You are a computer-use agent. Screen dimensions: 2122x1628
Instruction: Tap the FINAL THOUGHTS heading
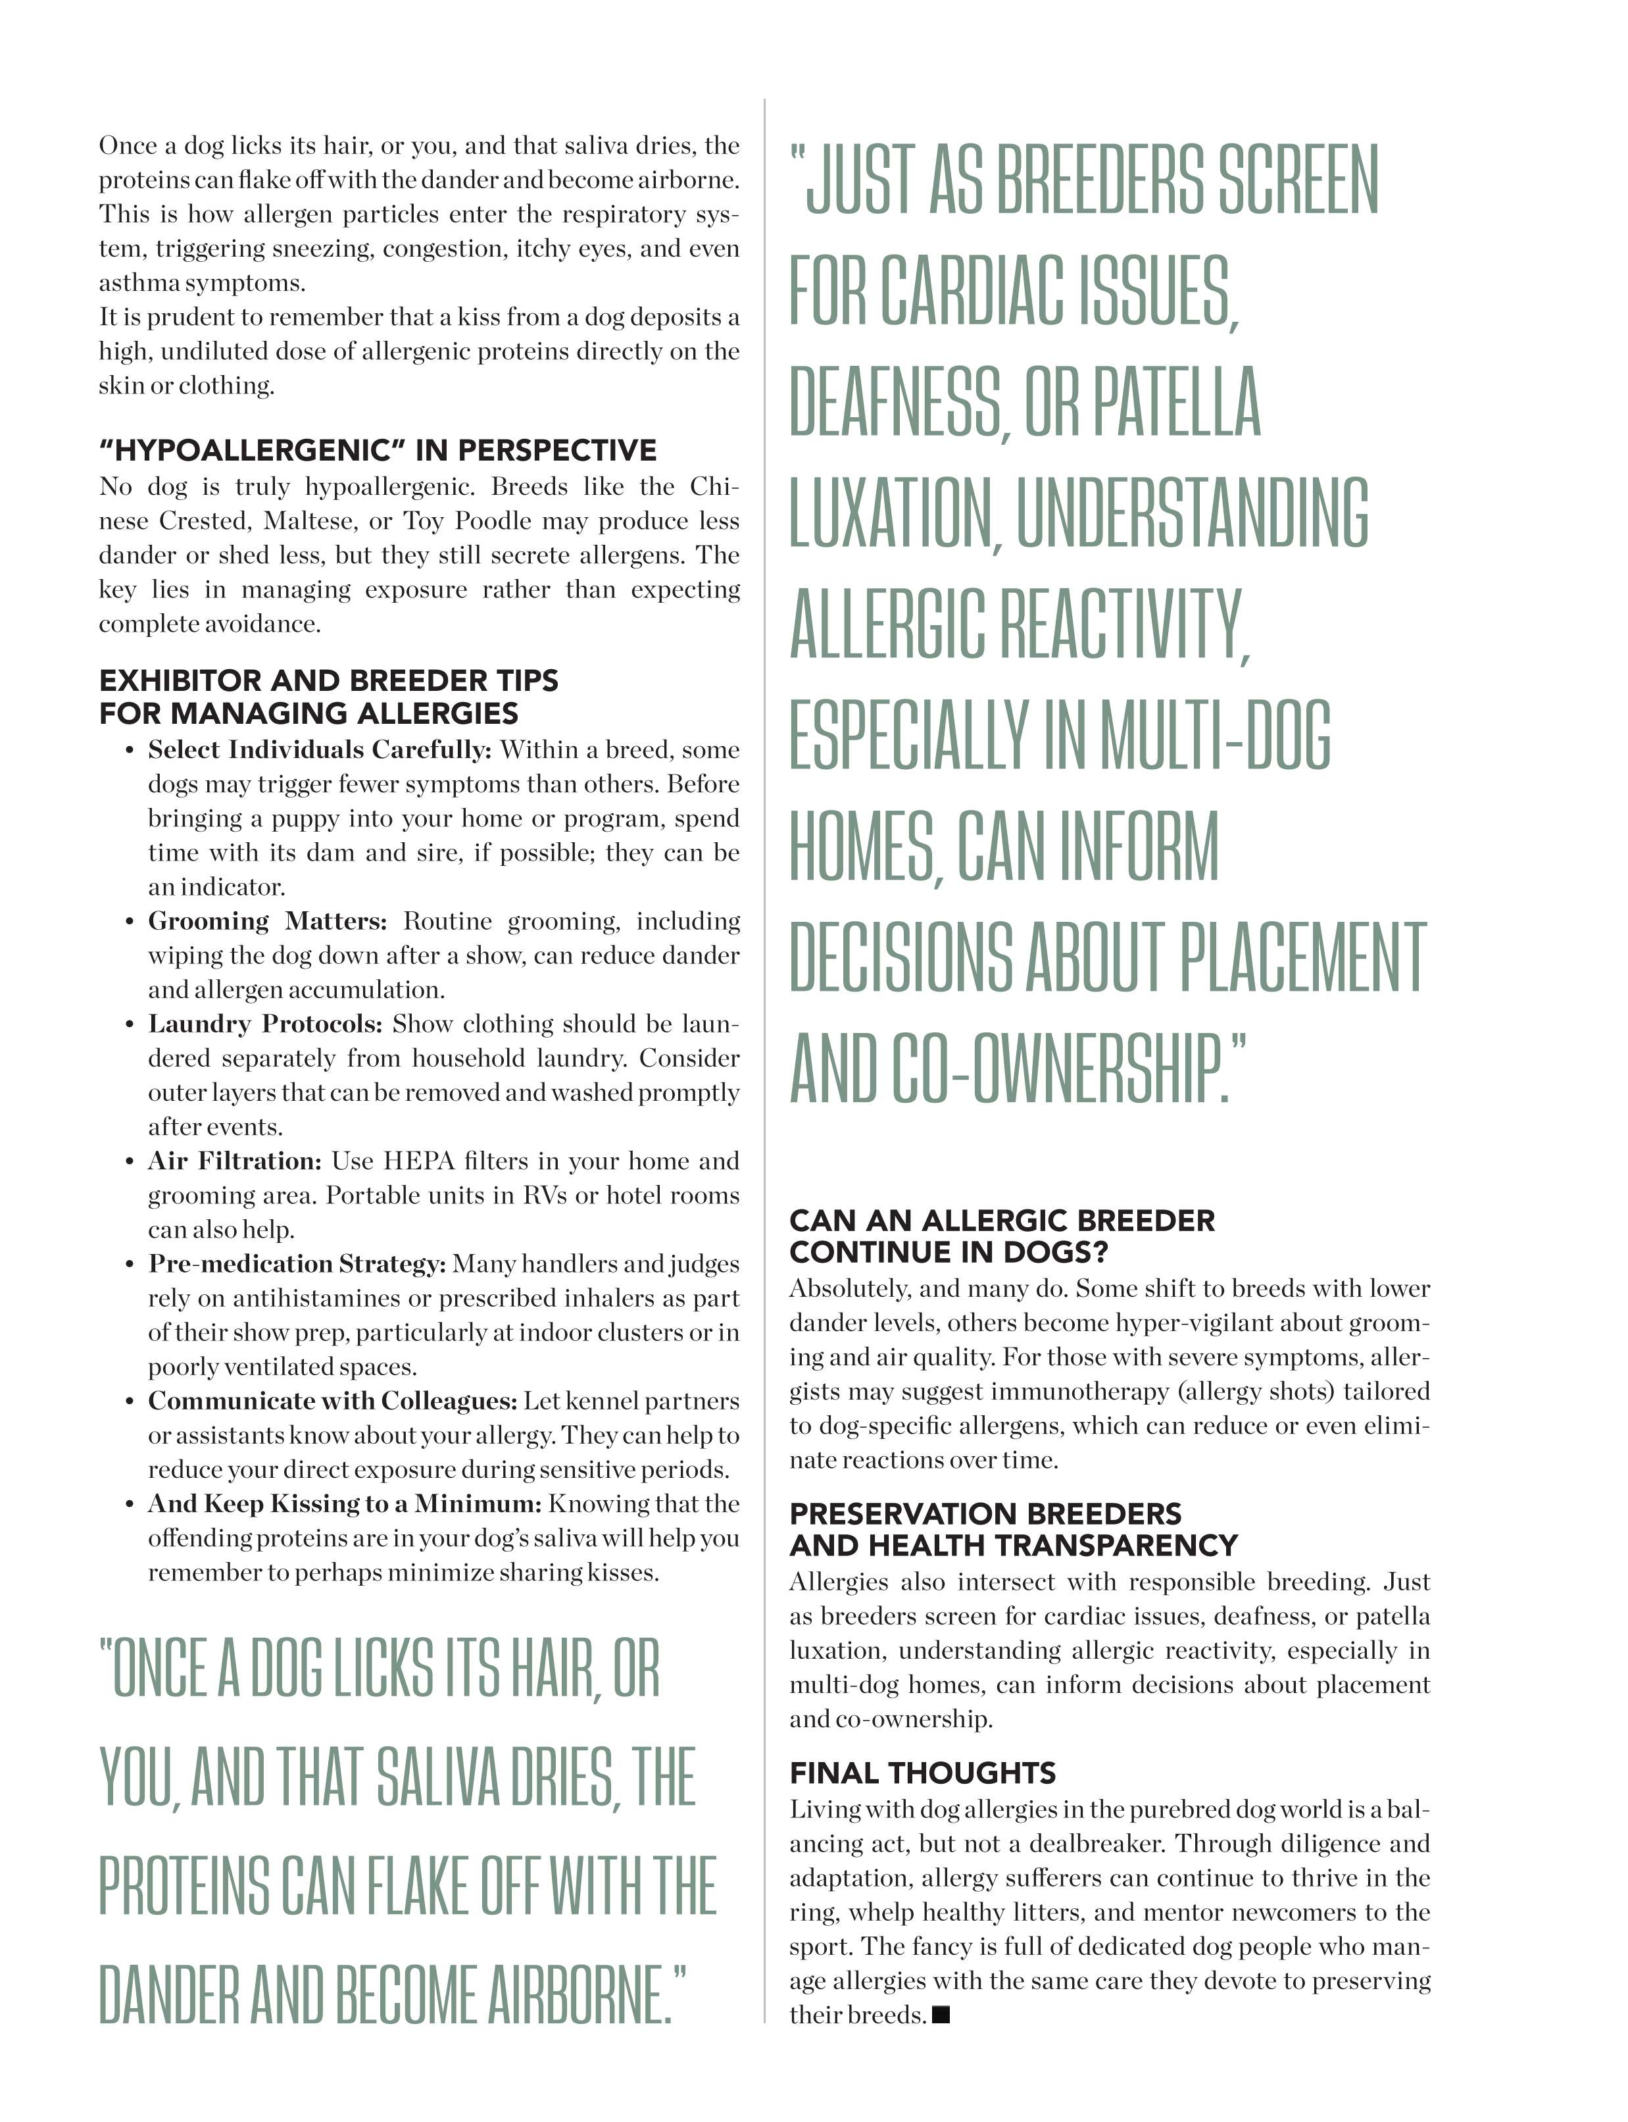[922, 1773]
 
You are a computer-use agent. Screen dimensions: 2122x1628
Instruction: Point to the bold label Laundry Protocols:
[264, 1024]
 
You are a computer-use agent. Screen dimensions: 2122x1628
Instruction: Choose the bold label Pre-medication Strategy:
[297, 1264]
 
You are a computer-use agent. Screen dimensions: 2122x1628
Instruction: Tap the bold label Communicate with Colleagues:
[332, 1401]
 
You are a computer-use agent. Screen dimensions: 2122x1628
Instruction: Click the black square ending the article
[940, 2015]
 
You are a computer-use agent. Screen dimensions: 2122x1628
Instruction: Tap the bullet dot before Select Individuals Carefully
[129, 751]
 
